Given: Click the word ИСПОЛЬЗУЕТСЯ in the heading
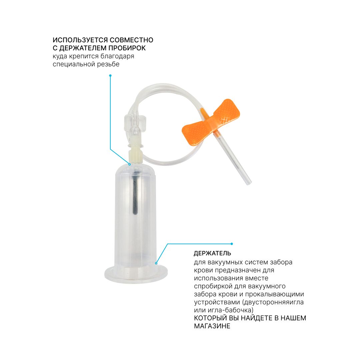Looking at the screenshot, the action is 80,40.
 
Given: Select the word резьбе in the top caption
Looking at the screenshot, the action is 108,64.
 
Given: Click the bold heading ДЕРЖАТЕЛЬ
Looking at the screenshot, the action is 212,253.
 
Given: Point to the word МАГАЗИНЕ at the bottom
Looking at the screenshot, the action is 212,326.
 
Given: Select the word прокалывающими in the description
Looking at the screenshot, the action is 275,294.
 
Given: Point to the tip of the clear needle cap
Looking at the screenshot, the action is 249,183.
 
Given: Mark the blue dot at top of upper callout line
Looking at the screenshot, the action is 110,76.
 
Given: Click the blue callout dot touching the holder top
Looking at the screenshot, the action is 130,164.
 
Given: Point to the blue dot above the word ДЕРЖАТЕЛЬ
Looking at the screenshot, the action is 232,244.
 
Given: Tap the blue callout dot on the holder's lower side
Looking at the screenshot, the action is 156,263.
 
